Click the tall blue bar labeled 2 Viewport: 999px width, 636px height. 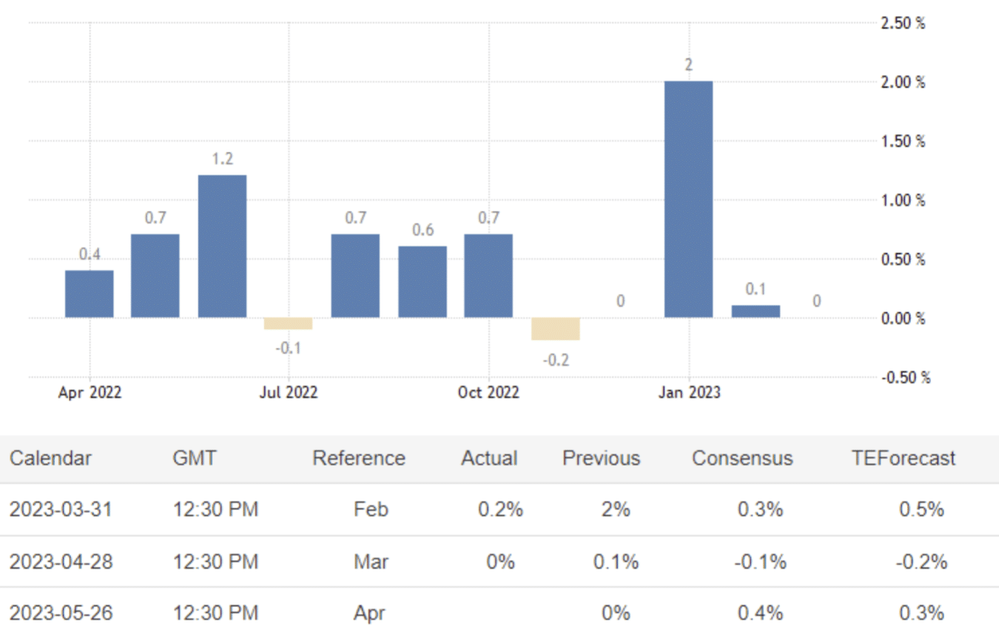(x=688, y=200)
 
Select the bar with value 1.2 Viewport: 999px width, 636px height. (x=222, y=246)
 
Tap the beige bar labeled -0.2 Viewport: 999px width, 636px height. (x=556, y=329)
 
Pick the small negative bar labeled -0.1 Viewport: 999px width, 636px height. (x=289, y=324)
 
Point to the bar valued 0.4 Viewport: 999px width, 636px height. (x=90, y=294)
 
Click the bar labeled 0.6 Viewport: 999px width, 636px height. (x=423, y=282)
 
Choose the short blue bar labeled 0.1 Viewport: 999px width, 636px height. (x=756, y=311)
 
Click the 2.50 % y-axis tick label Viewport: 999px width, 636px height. (x=903, y=23)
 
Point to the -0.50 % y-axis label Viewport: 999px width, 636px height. (x=903, y=378)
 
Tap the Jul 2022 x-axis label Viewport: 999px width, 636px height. (x=289, y=393)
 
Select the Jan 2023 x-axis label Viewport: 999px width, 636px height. (x=689, y=393)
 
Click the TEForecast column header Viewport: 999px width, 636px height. (x=903, y=458)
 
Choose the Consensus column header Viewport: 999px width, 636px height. (x=742, y=458)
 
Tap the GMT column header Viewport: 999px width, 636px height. (x=195, y=458)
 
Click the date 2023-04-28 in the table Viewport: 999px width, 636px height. (x=61, y=562)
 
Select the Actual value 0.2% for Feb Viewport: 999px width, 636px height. (x=500, y=510)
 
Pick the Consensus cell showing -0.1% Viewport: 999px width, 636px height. (x=760, y=562)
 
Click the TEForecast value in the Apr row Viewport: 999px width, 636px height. (x=921, y=613)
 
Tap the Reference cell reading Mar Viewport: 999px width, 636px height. (x=370, y=562)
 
